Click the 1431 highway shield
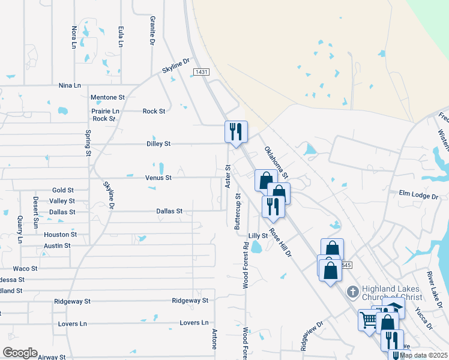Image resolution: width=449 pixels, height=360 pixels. coord(201,72)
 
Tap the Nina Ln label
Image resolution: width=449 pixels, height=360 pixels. coord(70,86)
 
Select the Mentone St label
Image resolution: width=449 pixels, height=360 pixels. coord(107,97)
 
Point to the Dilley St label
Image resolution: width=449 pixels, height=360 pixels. coord(159,144)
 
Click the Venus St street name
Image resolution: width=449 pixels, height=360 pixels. coord(158,178)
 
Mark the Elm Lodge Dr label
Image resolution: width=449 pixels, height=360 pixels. coord(419,196)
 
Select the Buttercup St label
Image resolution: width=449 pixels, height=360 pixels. coord(238,210)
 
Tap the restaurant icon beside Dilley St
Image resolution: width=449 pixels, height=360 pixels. coord(235,131)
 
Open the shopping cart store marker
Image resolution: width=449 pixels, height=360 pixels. coord(367,319)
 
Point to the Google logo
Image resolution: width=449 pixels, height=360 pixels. coord(20,353)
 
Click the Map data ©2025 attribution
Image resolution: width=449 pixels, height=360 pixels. coord(424,355)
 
